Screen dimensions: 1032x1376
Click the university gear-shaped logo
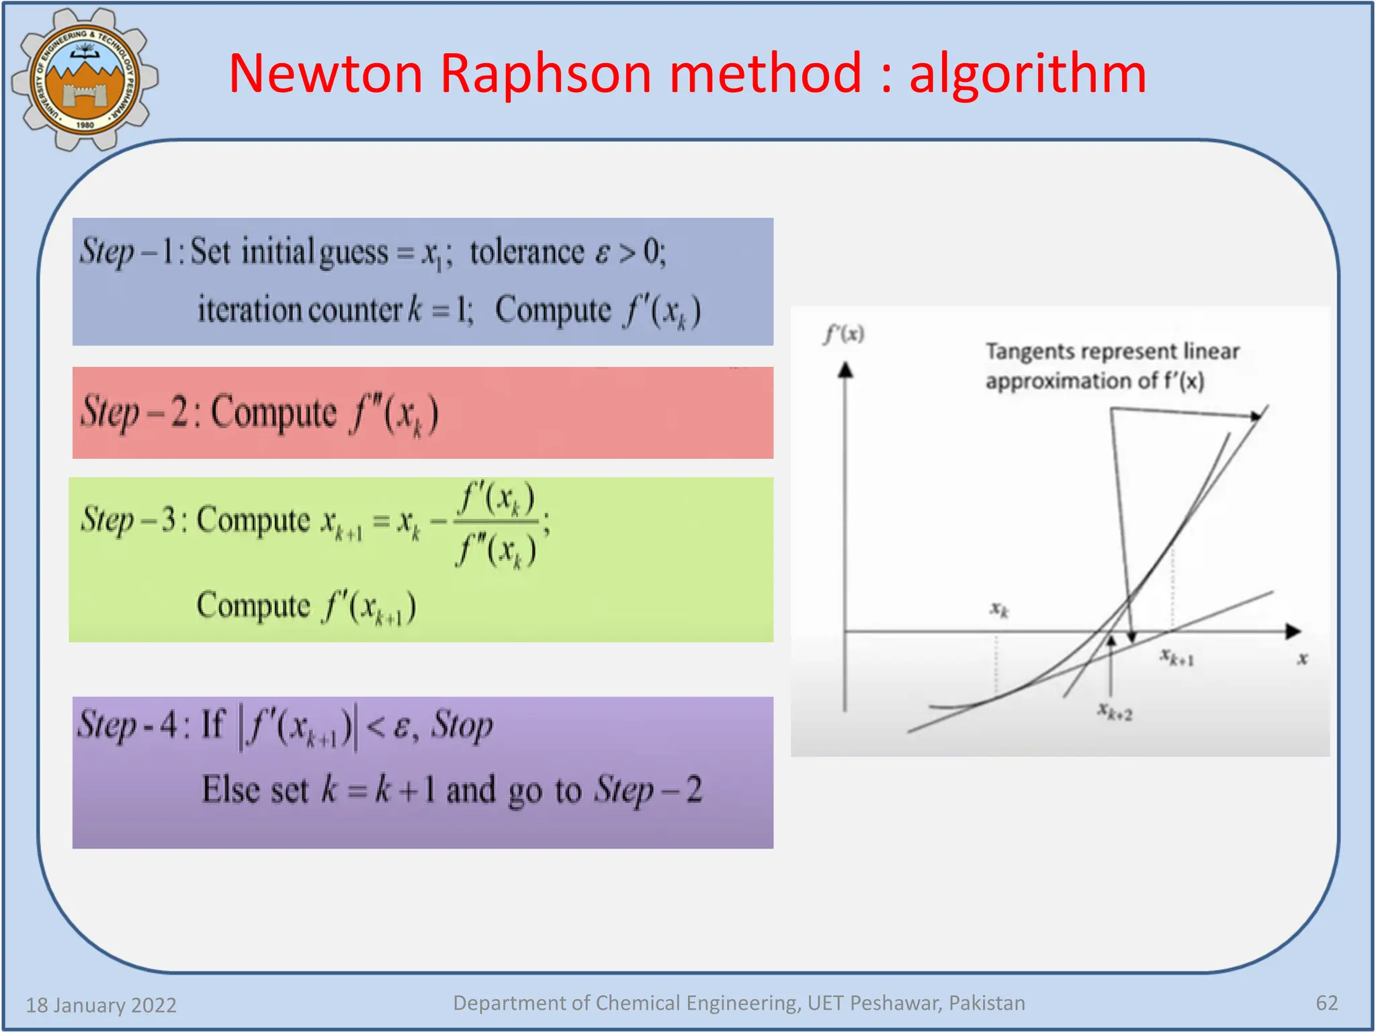[85, 79]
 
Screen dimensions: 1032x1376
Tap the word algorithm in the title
[1027, 74]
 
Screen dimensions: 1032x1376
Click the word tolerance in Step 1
[527, 253]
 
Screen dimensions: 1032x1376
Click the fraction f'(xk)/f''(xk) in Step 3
[497, 525]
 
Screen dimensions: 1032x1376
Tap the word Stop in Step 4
[462, 726]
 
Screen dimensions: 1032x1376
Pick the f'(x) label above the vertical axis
[844, 333]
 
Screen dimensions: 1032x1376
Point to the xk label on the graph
[999, 609]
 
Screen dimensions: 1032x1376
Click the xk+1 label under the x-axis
[1177, 656]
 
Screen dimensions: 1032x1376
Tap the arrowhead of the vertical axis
[845, 370]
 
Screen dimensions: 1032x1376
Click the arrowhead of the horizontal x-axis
[1293, 631]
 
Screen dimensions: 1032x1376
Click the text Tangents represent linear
[1112, 351]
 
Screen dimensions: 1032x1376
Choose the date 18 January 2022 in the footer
[101, 1005]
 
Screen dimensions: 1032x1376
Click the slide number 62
[1326, 1003]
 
